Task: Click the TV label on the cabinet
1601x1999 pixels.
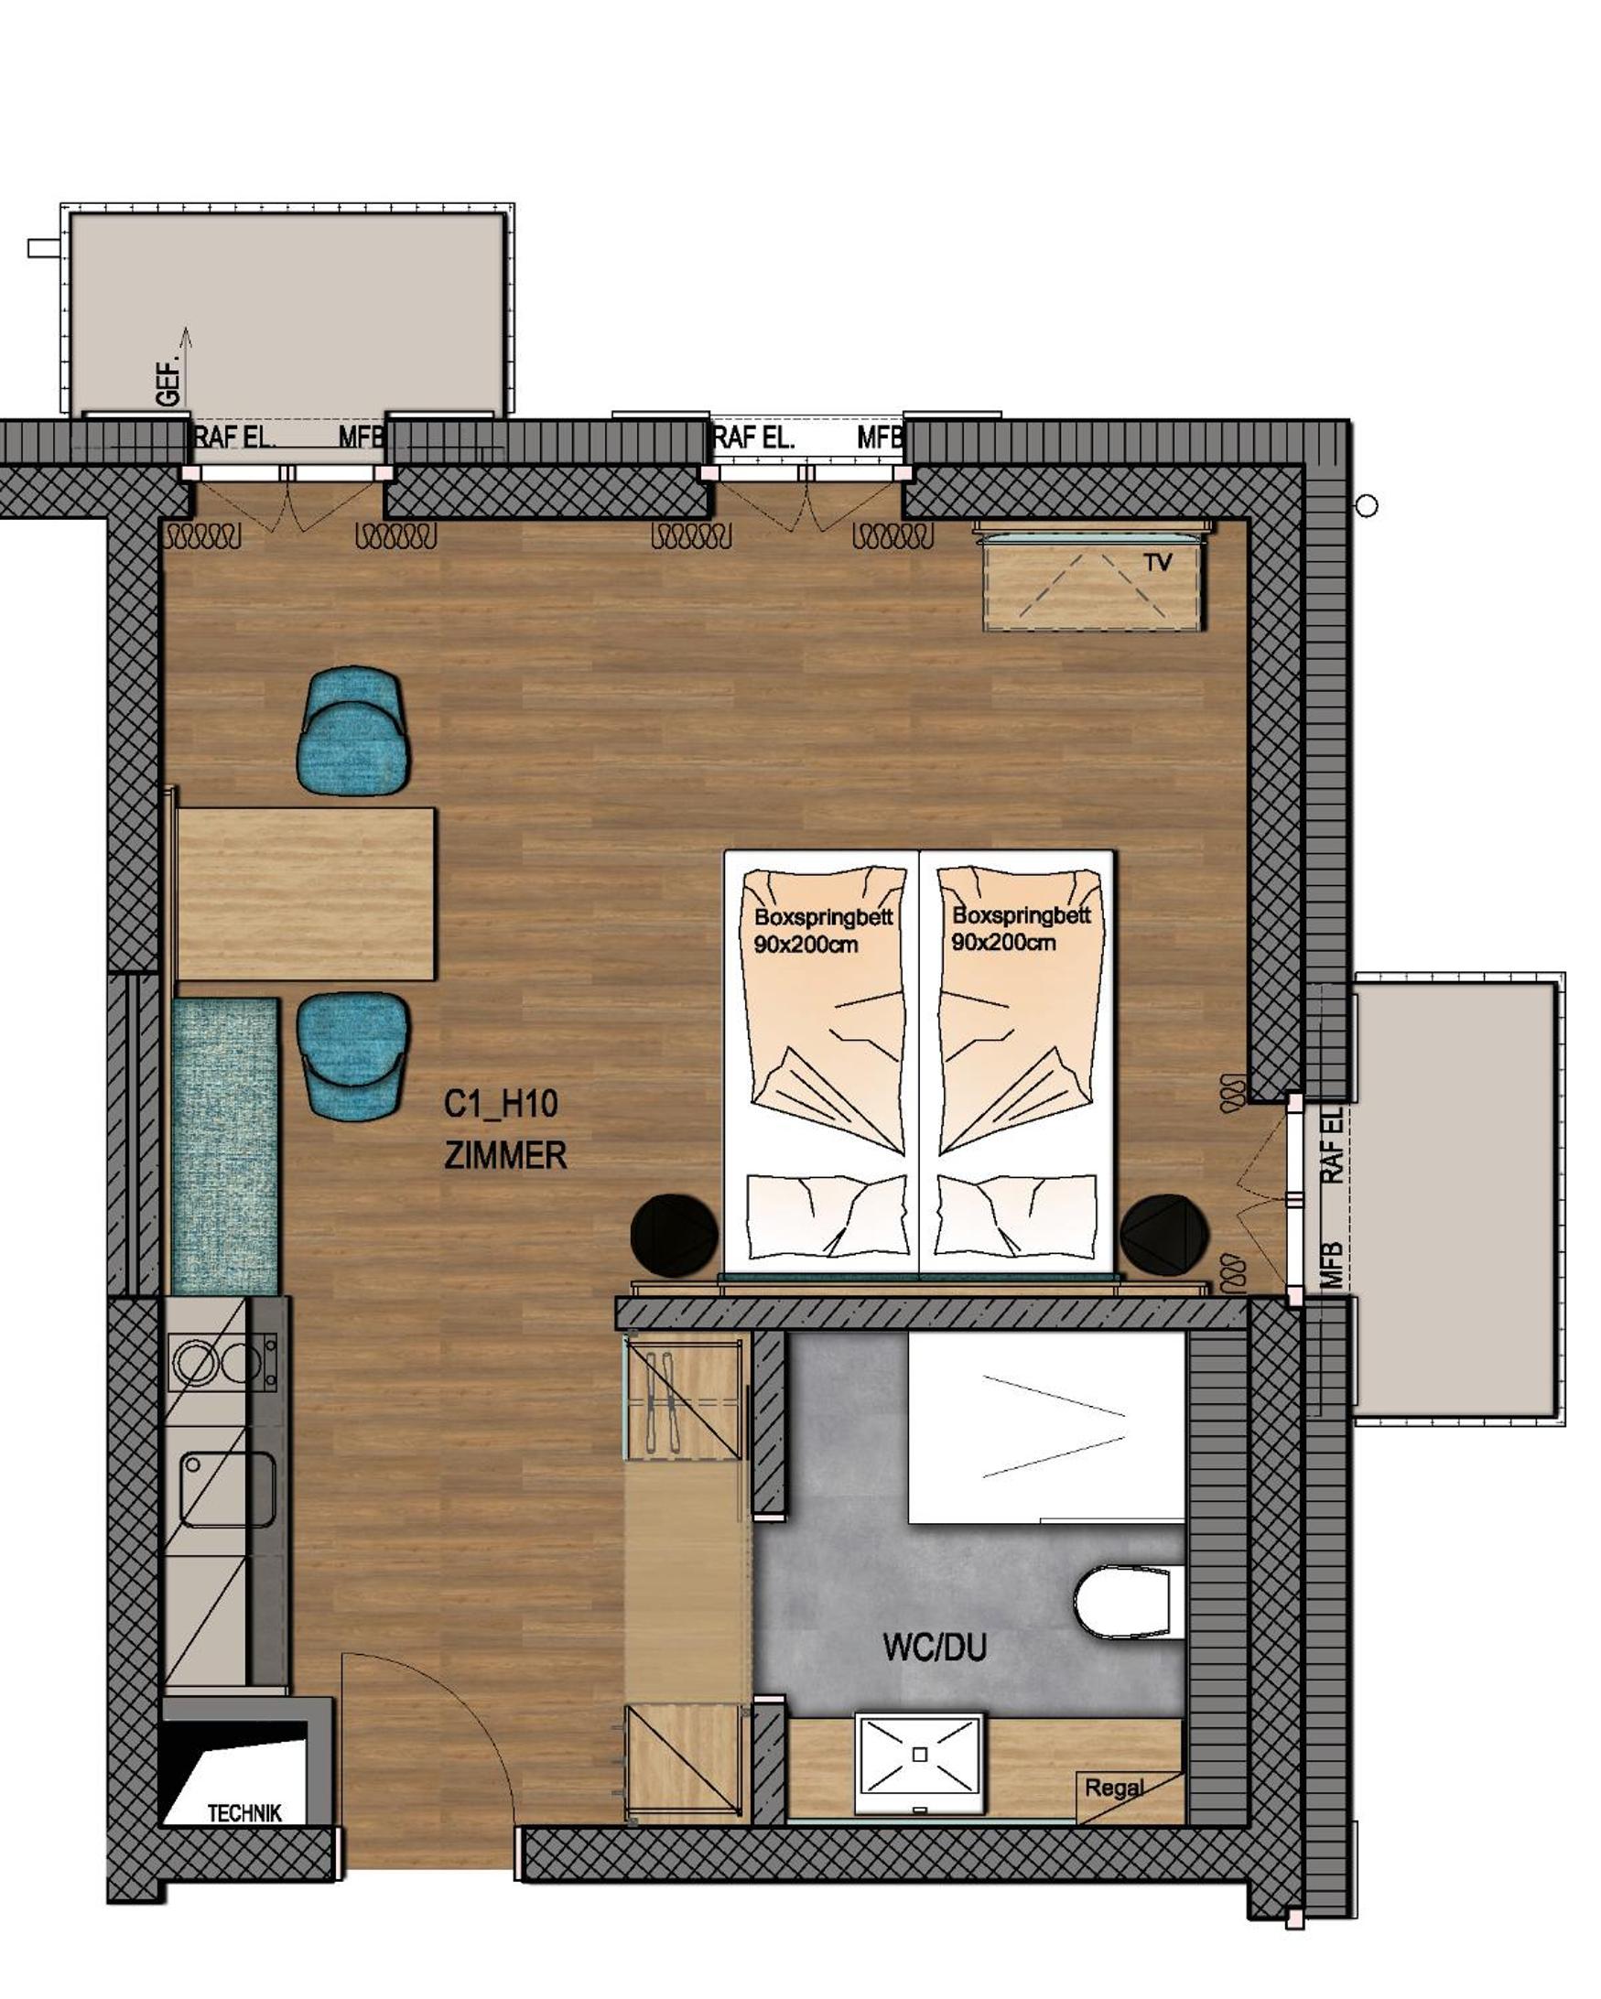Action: tap(1158, 562)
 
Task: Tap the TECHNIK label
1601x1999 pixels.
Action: tap(244, 1812)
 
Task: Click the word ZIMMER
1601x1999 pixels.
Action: tap(505, 1156)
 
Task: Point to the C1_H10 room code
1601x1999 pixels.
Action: tap(501, 1104)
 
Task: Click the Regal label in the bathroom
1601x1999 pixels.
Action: tap(1114, 1788)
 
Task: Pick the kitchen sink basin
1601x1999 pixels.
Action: tap(228, 1488)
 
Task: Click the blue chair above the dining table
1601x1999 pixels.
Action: tap(353, 729)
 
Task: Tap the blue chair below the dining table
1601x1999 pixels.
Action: tap(353, 1057)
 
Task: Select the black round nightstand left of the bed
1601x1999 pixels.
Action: tap(675, 1234)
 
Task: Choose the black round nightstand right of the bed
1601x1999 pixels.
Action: tap(1164, 1234)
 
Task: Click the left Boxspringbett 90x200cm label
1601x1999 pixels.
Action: tap(823, 931)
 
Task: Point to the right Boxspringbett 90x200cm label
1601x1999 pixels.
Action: tap(1021, 928)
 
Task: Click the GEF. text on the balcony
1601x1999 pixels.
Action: tap(168, 382)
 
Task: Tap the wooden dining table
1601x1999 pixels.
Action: tap(305, 894)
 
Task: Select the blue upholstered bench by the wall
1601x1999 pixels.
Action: tap(225, 1146)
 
